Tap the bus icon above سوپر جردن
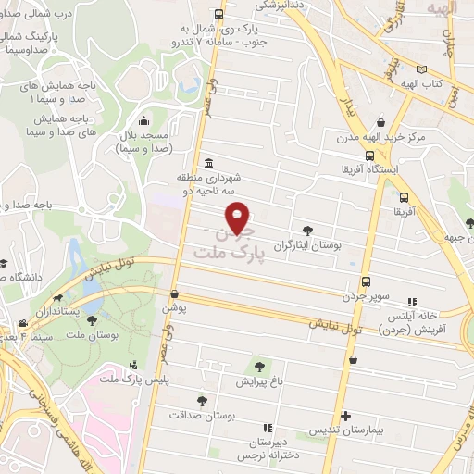(366, 281)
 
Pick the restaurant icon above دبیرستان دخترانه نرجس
(268, 428)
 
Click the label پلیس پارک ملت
(128, 380)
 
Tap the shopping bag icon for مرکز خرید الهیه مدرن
(380, 121)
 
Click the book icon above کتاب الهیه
(423, 69)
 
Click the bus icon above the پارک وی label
(218, 14)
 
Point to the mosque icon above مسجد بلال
(143, 121)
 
